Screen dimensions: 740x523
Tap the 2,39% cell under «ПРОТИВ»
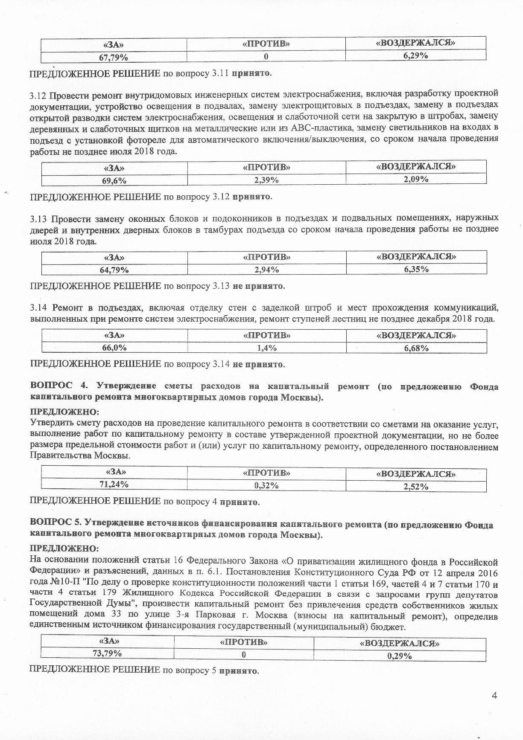point(266,180)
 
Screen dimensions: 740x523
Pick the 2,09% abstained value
point(416,179)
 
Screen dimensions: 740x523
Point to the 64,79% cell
point(114,270)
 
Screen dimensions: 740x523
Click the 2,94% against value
point(266,270)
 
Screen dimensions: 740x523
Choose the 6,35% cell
point(416,269)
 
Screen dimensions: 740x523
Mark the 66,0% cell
point(114,348)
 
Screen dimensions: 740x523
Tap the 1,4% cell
point(266,348)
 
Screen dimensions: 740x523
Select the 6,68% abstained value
point(416,348)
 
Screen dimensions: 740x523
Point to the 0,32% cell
point(266,485)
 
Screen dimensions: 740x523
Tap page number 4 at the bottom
point(494,696)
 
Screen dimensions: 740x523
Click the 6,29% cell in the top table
point(416,55)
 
